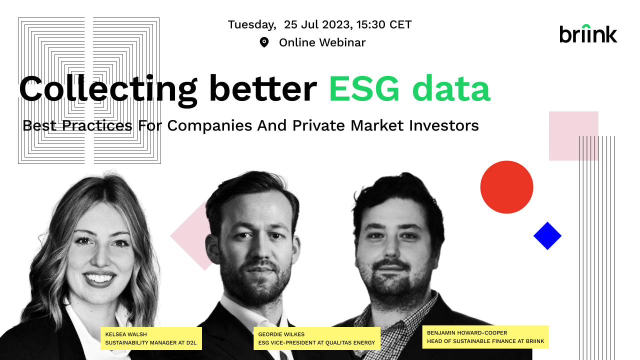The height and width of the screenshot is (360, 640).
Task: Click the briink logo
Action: point(588,33)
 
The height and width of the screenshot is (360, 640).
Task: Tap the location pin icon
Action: point(264,42)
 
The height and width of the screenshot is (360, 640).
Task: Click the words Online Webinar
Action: point(322,42)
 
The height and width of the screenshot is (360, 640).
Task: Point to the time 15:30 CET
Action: point(383,24)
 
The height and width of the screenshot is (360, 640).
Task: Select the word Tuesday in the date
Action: point(251,25)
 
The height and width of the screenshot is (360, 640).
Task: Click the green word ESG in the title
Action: point(364,89)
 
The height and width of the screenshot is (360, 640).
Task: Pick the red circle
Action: point(506,187)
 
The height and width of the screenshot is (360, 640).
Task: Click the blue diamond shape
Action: point(547,235)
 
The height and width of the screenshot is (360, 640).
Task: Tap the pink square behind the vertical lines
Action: point(573,136)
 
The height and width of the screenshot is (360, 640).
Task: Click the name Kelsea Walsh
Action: point(126,334)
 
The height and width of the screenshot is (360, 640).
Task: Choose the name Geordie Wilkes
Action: point(281,334)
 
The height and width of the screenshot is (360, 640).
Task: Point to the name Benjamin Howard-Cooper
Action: point(467,333)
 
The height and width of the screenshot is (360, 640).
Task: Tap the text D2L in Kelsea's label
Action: point(191,342)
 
